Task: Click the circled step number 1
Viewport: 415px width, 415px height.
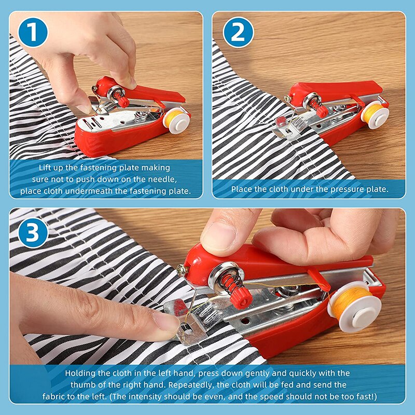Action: coord(32,32)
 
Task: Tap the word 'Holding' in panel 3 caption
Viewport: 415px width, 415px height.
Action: coord(78,373)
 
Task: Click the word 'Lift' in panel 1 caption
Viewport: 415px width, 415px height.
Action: coord(46,168)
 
